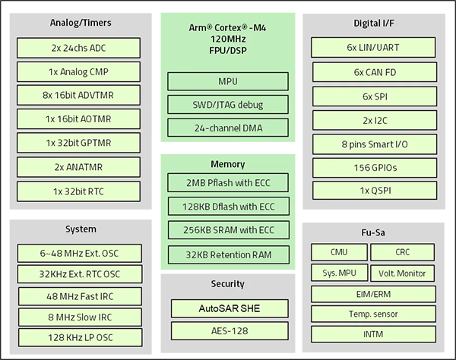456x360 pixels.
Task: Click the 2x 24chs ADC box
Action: coord(79,48)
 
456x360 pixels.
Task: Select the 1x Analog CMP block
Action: coord(79,71)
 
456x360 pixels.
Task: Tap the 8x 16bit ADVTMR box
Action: coord(79,96)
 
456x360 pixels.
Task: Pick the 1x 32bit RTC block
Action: coord(79,191)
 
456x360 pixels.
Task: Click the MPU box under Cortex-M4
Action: coord(227,81)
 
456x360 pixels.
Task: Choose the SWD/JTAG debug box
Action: coord(227,104)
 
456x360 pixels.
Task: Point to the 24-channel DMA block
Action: coord(227,127)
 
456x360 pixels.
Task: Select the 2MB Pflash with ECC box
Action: coord(227,182)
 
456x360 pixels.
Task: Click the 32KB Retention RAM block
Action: coord(227,254)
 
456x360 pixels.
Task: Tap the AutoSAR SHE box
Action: coord(227,308)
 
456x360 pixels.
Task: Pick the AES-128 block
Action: coord(227,330)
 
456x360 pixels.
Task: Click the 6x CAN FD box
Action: coord(375,72)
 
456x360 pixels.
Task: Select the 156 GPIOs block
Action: coord(375,168)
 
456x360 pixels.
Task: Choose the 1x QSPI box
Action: coord(375,191)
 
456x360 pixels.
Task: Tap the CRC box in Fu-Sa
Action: coord(402,252)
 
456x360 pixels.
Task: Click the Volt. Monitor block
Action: coord(402,273)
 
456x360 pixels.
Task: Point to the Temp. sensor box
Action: coord(375,314)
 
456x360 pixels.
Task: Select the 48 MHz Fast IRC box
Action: coord(79,296)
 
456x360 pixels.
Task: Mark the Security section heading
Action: coord(227,284)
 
